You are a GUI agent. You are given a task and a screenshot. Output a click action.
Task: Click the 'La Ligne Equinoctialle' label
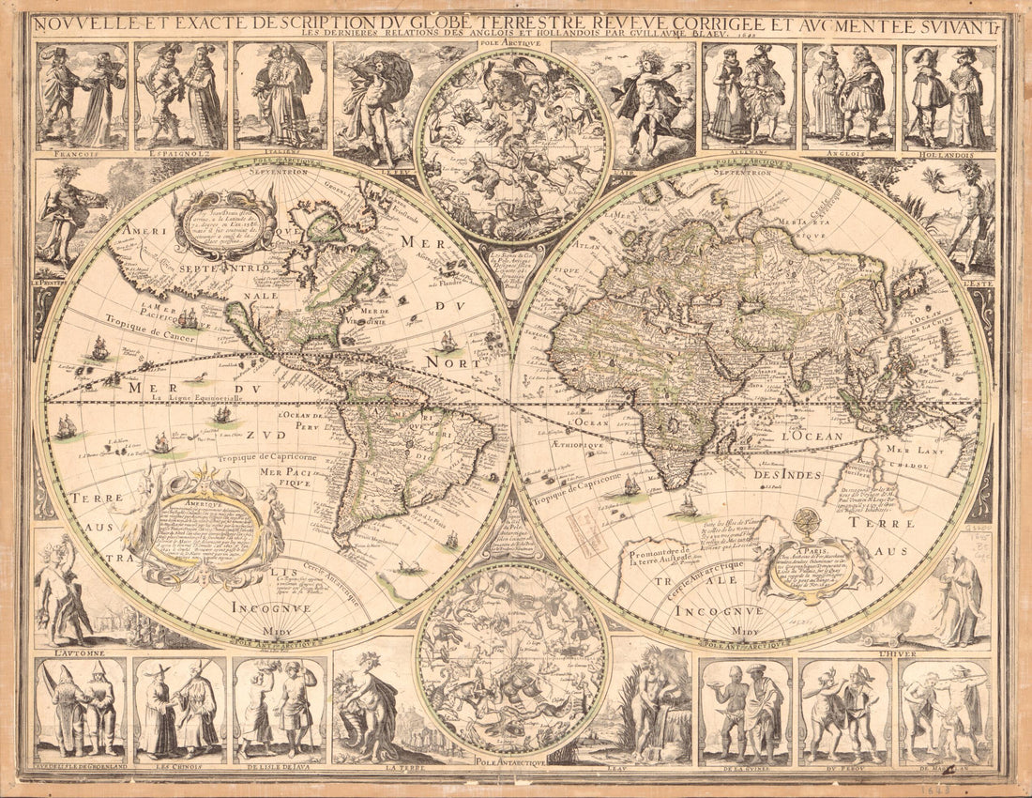click(194, 397)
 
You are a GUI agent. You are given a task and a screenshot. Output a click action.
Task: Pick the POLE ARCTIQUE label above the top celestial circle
click(511, 44)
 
